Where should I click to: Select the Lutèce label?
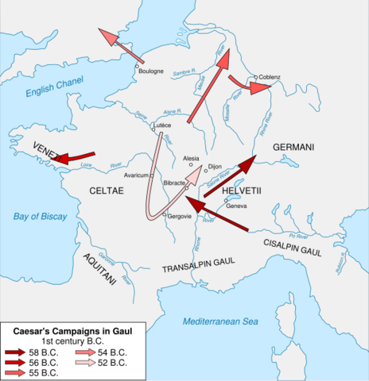coord(163,125)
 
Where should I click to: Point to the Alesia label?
coord(192,158)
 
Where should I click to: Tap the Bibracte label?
coord(174,183)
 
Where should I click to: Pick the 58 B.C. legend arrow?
coord(17,350)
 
